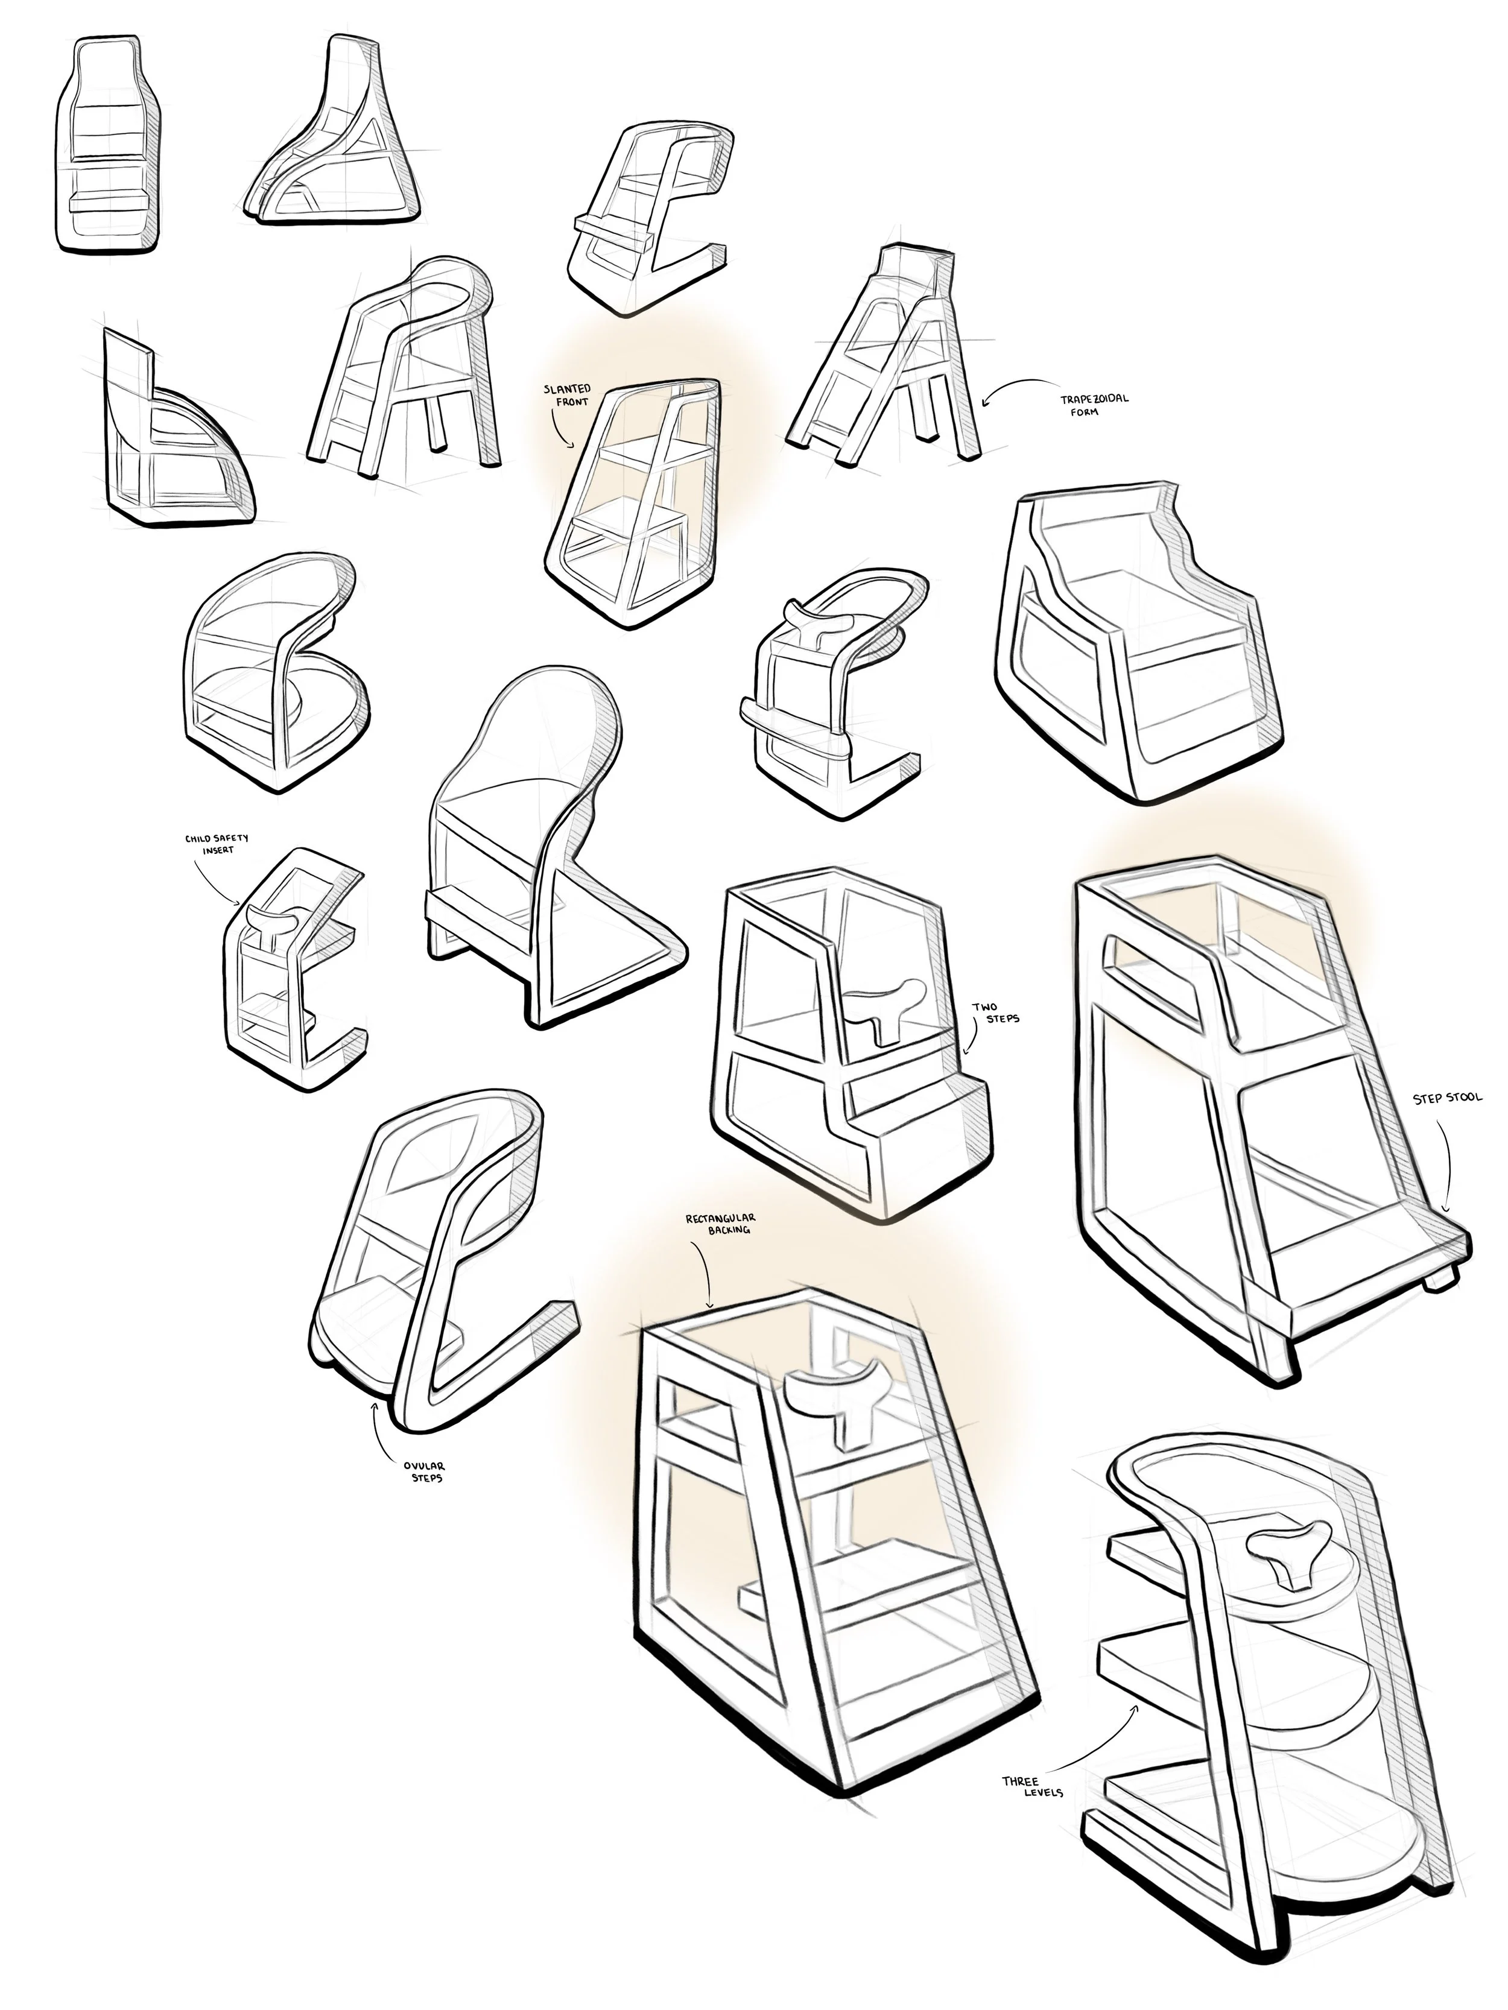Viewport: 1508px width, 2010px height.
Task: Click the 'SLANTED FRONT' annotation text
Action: (566, 394)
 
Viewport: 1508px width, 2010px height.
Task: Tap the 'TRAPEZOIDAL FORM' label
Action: (1094, 405)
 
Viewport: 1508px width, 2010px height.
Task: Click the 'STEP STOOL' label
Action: (1447, 1098)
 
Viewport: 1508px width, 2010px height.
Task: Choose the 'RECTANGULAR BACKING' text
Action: (723, 1223)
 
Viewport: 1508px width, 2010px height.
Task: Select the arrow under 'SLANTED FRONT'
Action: (560, 427)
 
